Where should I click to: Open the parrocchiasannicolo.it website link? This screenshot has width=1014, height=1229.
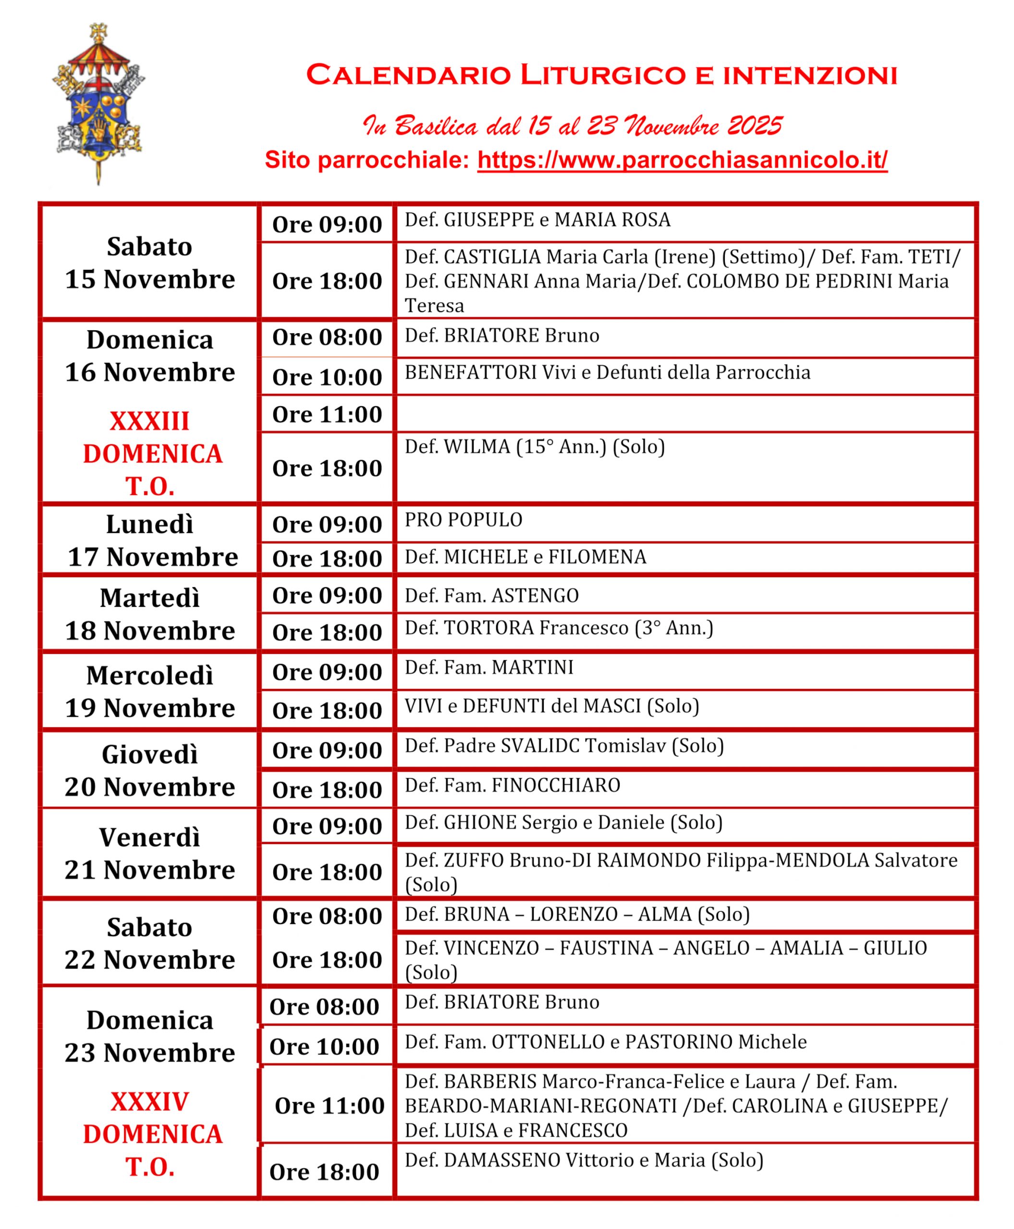coord(682,160)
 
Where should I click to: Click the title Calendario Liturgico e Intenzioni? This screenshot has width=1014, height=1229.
coord(601,76)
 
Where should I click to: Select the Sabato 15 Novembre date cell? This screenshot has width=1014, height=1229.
coord(149,263)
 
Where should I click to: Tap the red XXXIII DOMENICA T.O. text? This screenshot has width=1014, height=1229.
coord(152,454)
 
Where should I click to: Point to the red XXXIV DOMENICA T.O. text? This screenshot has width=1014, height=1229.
coord(152,1134)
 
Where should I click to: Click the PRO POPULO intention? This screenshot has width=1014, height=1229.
coord(464,519)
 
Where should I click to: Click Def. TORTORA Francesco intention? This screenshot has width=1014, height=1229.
coord(559,628)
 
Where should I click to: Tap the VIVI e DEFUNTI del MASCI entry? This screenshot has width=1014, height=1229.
coord(551,707)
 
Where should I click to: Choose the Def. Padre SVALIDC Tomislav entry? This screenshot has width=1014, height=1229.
coord(563,746)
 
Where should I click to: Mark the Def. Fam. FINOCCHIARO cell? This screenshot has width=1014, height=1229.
coord(512,786)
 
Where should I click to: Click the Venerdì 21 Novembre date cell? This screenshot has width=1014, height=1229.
coord(149,854)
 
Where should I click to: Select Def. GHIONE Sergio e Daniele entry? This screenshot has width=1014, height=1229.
coord(563,823)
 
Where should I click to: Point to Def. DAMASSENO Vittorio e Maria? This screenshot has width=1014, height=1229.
coord(584,1160)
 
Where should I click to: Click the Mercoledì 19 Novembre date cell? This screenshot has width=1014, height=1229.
coord(149,691)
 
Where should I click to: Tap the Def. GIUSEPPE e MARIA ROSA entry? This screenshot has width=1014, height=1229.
coord(538,220)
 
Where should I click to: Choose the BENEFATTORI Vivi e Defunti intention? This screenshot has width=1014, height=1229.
coord(608,373)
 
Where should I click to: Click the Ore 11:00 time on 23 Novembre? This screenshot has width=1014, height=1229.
coord(330,1105)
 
